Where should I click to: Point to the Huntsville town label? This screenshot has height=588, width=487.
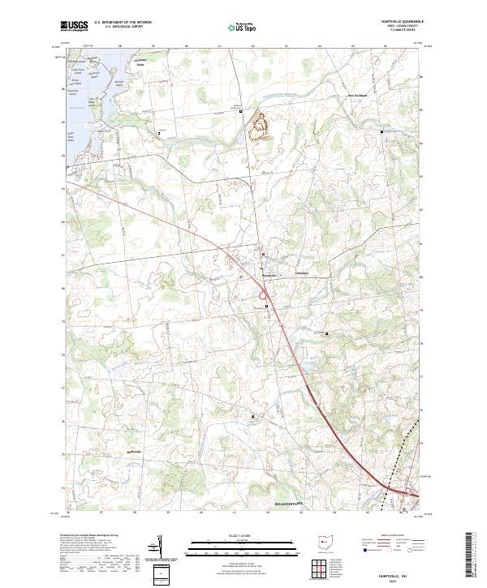click(269, 273)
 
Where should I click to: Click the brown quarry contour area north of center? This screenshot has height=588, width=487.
click(260, 126)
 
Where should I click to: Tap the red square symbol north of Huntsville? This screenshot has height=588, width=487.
click(263, 255)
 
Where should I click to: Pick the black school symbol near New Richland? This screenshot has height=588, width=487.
click(382, 130)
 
